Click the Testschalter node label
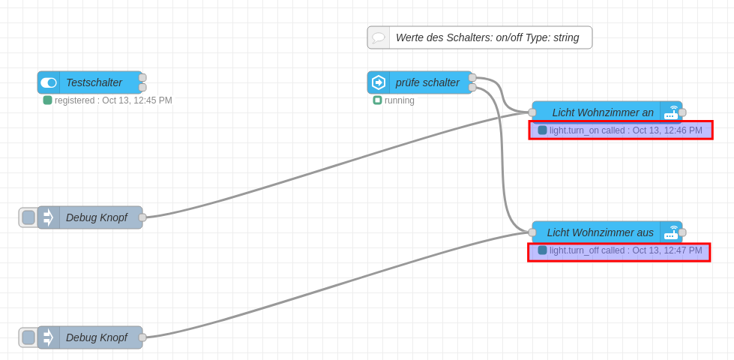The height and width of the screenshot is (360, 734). (94, 82)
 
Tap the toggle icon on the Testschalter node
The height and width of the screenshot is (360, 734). (49, 82)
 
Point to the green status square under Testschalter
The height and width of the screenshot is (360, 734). (47, 100)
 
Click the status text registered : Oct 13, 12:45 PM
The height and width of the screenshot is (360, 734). (113, 100)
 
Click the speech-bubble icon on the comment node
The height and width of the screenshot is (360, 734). (379, 37)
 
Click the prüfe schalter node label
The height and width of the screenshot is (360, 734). (427, 82)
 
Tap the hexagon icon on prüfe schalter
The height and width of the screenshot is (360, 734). (379, 82)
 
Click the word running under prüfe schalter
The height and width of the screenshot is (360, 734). (400, 100)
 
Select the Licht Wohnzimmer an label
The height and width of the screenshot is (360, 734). (603, 112)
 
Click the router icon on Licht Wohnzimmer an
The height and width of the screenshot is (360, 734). (671, 112)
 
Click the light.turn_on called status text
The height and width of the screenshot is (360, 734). (625, 130)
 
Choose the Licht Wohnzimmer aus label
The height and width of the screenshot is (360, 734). (600, 232)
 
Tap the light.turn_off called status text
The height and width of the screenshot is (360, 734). (625, 250)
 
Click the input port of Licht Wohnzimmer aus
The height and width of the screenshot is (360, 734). (532, 232)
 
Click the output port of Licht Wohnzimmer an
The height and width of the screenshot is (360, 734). (682, 112)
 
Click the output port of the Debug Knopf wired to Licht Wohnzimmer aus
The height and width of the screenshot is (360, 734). (142, 337)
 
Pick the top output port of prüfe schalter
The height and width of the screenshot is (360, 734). (472, 78)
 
